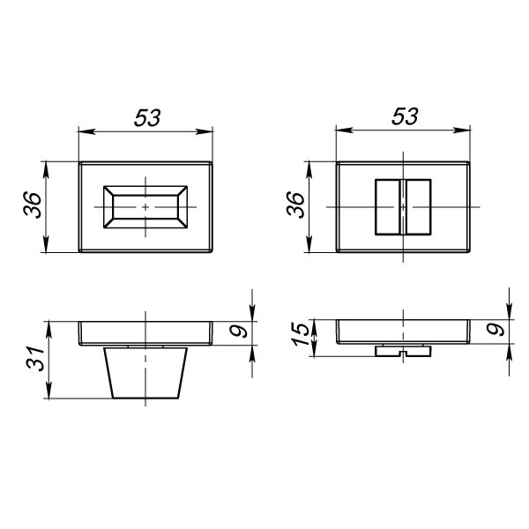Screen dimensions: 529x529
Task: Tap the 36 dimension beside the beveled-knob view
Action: point(30,208)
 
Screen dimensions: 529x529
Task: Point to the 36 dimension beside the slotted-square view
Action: point(296,205)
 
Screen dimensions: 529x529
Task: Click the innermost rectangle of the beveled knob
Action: point(145,207)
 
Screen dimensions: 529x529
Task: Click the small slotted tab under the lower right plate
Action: point(402,351)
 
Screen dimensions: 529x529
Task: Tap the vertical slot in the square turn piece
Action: point(402,206)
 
